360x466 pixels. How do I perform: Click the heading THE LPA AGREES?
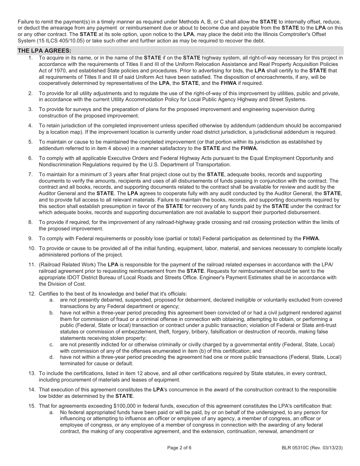(44, 50)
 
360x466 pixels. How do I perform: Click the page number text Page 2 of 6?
(179, 447)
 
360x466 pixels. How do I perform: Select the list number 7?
(30, 175)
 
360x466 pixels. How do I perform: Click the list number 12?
(32, 294)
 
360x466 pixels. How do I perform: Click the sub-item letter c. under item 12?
(52, 344)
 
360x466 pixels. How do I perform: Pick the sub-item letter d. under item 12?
(52, 357)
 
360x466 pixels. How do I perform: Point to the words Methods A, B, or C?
(181, 22)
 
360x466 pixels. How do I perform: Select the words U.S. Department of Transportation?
(191, 164)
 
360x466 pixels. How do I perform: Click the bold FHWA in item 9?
(311, 239)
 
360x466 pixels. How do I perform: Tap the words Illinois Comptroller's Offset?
(293, 34)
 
